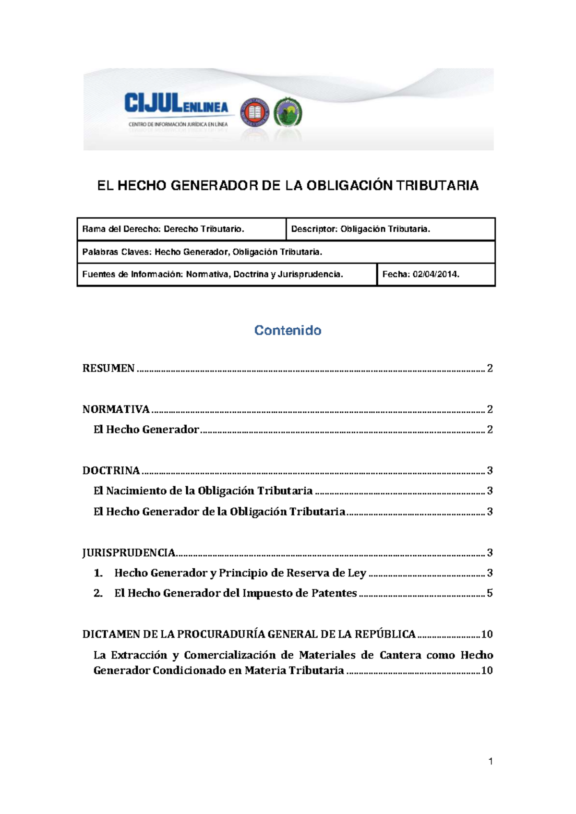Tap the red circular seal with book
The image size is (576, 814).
254,112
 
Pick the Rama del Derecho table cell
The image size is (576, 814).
163,229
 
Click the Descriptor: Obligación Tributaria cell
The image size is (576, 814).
360,229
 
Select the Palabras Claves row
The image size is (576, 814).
202,252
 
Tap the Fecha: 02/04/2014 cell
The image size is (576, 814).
420,275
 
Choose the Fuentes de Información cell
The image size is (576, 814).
213,275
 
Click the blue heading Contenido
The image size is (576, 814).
288,330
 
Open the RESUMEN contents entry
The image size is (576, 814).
108,369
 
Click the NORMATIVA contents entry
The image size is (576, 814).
116,409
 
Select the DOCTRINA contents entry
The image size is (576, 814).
111,471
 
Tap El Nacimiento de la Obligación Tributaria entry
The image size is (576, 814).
203,491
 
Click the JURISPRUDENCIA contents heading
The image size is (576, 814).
129,553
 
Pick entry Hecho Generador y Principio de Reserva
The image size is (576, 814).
240,573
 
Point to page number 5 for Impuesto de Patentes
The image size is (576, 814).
490,593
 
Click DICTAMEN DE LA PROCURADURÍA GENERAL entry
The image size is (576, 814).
249,634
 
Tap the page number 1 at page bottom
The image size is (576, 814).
491,761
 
